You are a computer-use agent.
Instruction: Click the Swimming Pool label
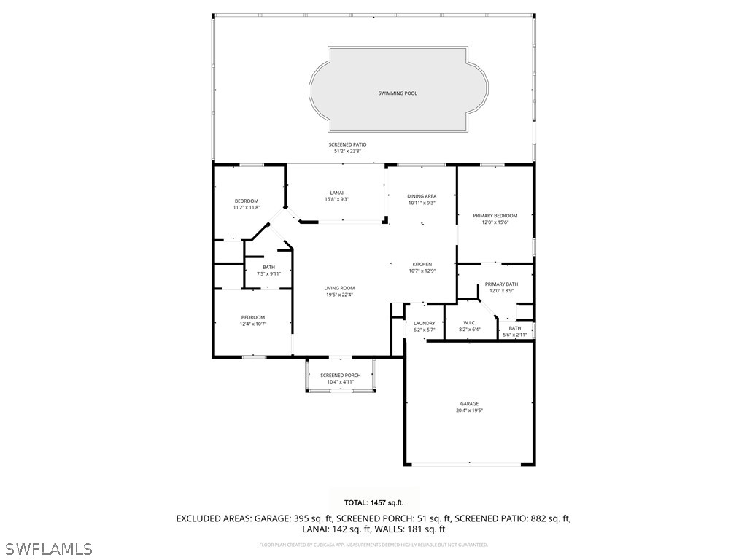[x=398, y=93]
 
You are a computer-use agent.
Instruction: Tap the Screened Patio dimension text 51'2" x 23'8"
[x=347, y=152]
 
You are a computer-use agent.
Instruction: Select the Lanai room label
[x=336, y=192]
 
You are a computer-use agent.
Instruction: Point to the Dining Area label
[x=422, y=196]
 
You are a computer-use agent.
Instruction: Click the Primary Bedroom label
[x=495, y=216]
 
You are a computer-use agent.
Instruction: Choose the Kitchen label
[x=422, y=264]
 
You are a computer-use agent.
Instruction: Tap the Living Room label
[x=339, y=288]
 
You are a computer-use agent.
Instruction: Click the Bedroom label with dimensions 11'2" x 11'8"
[x=246, y=201]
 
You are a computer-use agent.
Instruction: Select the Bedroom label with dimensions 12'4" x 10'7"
[x=253, y=317]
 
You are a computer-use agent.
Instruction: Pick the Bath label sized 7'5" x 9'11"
[x=269, y=267]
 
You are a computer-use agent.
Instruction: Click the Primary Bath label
[x=501, y=284]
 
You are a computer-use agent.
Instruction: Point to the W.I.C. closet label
[x=470, y=322]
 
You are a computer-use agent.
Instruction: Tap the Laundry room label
[x=424, y=323]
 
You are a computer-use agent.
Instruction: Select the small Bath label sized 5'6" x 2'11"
[x=515, y=328]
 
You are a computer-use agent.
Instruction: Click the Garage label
[x=469, y=403]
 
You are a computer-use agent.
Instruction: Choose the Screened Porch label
[x=340, y=375]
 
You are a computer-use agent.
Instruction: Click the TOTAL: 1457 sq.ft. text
[x=373, y=502]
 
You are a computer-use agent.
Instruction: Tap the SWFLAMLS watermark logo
[x=48, y=548]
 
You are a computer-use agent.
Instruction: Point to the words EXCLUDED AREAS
[x=213, y=518]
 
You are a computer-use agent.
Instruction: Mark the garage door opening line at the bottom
[x=469, y=464]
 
